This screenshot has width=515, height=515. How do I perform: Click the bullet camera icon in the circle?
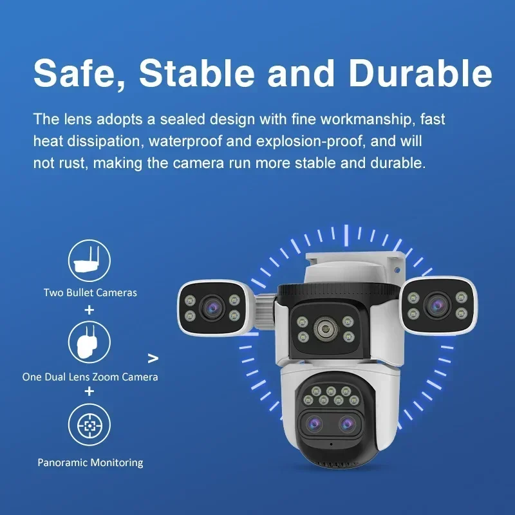[x=89, y=259]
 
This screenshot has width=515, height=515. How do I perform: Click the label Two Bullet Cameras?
[x=90, y=292]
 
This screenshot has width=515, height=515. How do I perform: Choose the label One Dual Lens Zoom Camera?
[x=90, y=377]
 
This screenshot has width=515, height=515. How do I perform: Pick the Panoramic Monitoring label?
[x=90, y=462]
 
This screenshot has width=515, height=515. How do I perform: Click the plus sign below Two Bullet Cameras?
[x=89, y=310]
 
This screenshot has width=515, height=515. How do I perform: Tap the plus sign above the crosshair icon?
[x=89, y=391]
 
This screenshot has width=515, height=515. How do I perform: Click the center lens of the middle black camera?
[x=322, y=330]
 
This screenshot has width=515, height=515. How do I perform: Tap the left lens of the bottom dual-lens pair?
[x=315, y=423]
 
